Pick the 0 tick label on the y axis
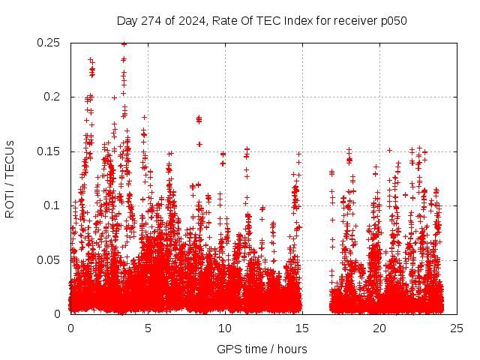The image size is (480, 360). tap(58, 314)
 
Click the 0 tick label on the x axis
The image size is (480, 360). tap(70, 328)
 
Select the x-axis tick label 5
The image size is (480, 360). tap(148, 328)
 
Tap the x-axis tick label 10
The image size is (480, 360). tap(225, 328)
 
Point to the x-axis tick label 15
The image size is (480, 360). tap(302, 328)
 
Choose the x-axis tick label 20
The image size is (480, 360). tap(379, 328)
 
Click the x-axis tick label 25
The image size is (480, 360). tap(457, 328)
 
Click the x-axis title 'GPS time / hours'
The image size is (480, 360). tap(262, 349)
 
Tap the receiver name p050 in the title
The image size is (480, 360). tap(393, 21)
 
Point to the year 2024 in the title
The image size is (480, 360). tap(189, 21)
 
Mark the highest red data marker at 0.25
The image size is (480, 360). tap(124, 43)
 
